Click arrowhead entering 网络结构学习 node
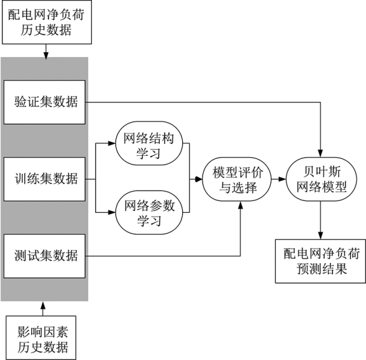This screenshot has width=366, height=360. pyautogui.click(x=112, y=143)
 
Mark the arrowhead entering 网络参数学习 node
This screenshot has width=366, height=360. pyautogui.click(x=112, y=212)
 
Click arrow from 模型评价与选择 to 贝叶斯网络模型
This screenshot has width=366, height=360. pyautogui.click(x=279, y=179)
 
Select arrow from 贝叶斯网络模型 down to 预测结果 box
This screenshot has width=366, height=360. pyautogui.click(x=321, y=220)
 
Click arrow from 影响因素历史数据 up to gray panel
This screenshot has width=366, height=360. pyautogui.click(x=43, y=308)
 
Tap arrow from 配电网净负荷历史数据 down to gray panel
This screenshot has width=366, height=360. pyautogui.click(x=46, y=52)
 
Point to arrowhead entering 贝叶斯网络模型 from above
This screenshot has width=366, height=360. pyautogui.click(x=321, y=154)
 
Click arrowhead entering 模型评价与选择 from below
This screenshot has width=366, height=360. pyautogui.click(x=240, y=205)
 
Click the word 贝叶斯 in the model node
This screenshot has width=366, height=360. pyautogui.click(x=322, y=172)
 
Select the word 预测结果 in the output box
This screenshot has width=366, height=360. pyautogui.click(x=322, y=269)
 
